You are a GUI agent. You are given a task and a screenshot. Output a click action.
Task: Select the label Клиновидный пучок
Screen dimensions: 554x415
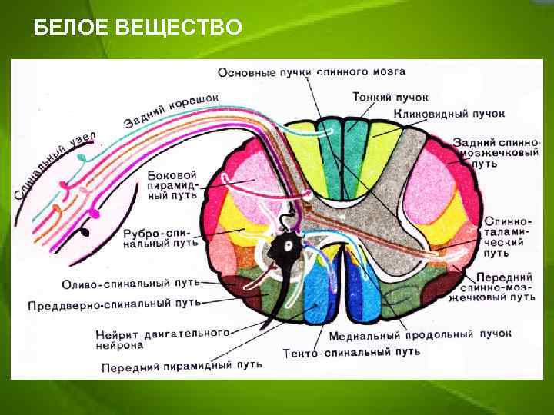point(449,114)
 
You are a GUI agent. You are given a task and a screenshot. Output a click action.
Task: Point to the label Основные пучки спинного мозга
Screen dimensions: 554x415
point(312,72)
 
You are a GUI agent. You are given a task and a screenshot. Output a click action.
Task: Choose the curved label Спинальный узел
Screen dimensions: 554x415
point(54,165)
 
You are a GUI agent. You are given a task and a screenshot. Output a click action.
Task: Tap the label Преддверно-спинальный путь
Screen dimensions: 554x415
point(115,304)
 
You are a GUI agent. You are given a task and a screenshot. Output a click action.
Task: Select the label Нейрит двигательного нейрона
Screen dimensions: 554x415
point(162,339)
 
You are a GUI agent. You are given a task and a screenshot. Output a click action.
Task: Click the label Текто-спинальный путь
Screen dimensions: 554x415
point(351,352)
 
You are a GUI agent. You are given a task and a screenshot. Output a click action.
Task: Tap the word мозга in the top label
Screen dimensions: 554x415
point(387,72)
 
